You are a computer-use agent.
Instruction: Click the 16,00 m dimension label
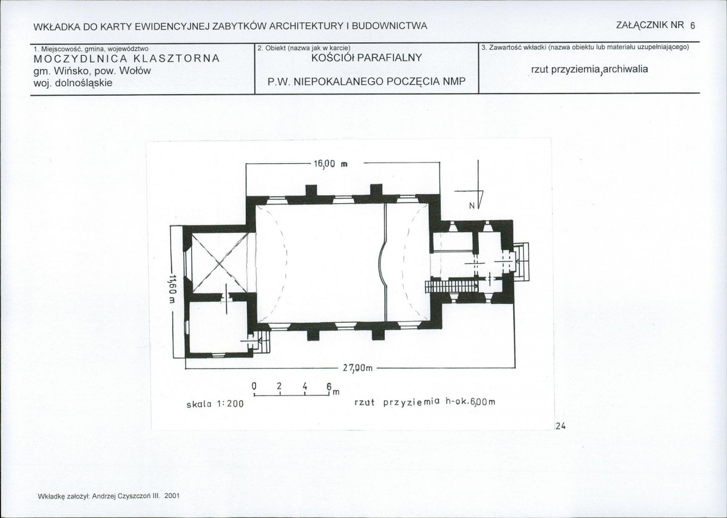point(331,164)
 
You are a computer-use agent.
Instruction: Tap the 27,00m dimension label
point(357,368)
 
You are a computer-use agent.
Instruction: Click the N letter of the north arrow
point(472,206)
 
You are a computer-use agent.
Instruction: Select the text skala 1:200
point(215,404)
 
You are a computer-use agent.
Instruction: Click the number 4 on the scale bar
point(305,387)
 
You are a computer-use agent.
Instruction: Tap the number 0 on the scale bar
point(254,386)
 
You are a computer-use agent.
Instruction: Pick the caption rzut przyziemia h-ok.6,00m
point(425,402)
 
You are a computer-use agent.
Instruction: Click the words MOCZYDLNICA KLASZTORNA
point(127,59)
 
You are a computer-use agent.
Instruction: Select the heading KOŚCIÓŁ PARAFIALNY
point(367,58)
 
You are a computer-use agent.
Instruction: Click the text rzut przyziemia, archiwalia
point(589,70)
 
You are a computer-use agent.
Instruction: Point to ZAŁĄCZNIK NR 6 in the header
point(655,25)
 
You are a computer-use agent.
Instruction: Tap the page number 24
point(561,426)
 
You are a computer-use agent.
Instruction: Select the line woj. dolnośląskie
point(73,83)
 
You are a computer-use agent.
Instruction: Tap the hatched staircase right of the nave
point(453,286)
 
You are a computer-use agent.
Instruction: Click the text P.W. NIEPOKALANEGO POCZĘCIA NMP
point(367,82)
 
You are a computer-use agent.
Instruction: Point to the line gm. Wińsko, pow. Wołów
point(92,72)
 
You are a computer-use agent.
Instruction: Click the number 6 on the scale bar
point(329,387)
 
